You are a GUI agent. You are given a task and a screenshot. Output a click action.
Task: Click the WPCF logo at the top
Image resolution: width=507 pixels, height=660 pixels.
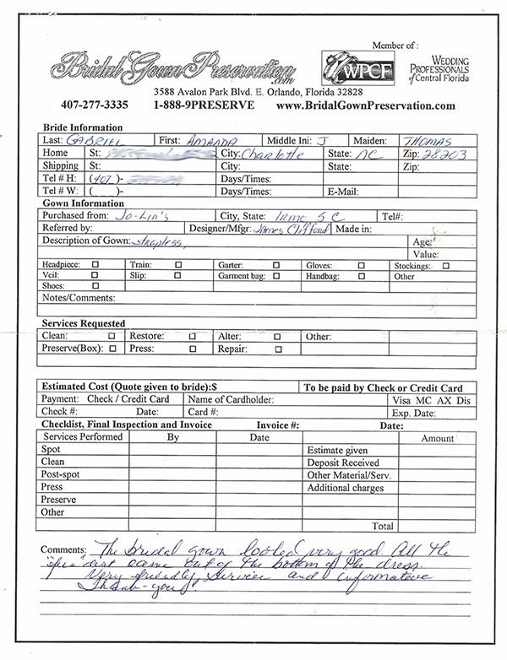349,66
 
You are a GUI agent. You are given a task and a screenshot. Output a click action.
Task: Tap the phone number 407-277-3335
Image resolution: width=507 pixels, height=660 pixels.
94,105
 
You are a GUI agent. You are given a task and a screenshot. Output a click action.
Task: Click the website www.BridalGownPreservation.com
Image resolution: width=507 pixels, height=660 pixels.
366,105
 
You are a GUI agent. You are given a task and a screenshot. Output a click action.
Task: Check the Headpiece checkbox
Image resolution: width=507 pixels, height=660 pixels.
95,265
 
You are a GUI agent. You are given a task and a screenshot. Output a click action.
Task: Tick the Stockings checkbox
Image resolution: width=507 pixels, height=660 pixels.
445,265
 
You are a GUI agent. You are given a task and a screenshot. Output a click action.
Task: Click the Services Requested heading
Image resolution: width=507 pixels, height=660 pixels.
84,323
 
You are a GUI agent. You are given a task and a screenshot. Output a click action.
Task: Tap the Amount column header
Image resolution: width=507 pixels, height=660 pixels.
438,438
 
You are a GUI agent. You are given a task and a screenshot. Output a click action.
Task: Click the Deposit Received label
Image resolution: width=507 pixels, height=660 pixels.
343,463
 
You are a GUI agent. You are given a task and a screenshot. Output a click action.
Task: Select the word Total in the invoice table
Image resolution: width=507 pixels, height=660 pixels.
382,526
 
